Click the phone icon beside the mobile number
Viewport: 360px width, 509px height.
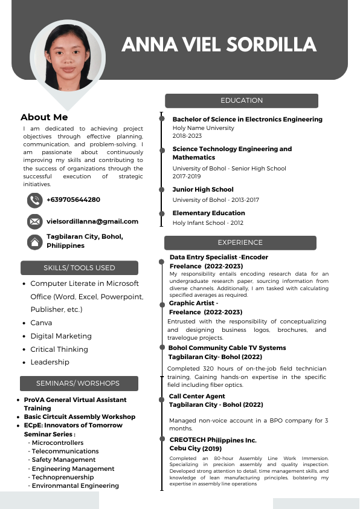click(34, 200)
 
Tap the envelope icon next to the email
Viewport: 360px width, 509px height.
click(34, 221)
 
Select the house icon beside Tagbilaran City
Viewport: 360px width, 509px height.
click(34, 242)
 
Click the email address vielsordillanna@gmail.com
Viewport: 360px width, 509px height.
click(92, 222)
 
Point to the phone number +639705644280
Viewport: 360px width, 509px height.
click(73, 199)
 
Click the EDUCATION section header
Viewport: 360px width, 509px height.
click(242, 100)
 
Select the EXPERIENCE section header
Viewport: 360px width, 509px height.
click(240, 242)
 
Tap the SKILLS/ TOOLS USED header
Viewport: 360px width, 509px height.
click(79, 268)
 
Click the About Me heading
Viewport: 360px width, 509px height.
click(44, 117)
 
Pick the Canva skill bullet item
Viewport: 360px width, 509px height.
click(41, 323)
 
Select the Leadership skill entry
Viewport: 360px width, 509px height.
click(50, 362)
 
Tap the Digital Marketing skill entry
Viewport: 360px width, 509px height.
click(61, 336)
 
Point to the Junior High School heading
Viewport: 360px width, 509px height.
click(203, 190)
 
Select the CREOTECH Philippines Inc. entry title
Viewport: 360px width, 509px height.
click(213, 440)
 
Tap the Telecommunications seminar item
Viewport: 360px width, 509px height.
click(65, 451)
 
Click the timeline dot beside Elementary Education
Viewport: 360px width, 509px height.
click(162, 213)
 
